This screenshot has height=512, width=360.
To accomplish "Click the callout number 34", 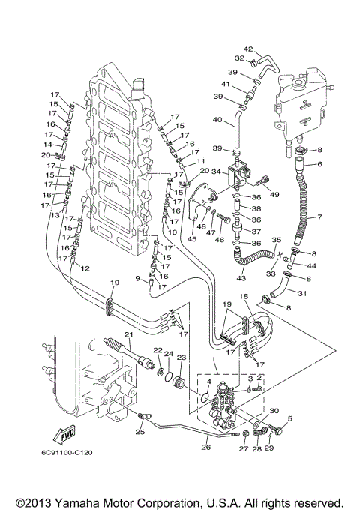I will (x=216, y=172).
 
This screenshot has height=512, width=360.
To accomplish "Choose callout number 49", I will (x=275, y=196).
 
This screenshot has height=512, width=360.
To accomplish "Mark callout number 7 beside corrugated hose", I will (x=318, y=217).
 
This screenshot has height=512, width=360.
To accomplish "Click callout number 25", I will (x=139, y=432).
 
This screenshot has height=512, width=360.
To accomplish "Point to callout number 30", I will (x=274, y=410).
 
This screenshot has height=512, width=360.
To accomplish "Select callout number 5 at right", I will (x=289, y=419).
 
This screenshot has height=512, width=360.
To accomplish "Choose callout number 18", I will (x=243, y=298).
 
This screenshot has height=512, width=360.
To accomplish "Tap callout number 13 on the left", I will (x=55, y=215).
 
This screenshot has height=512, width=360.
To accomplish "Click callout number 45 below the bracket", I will (x=193, y=239).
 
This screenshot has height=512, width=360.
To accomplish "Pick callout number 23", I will (x=181, y=358).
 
